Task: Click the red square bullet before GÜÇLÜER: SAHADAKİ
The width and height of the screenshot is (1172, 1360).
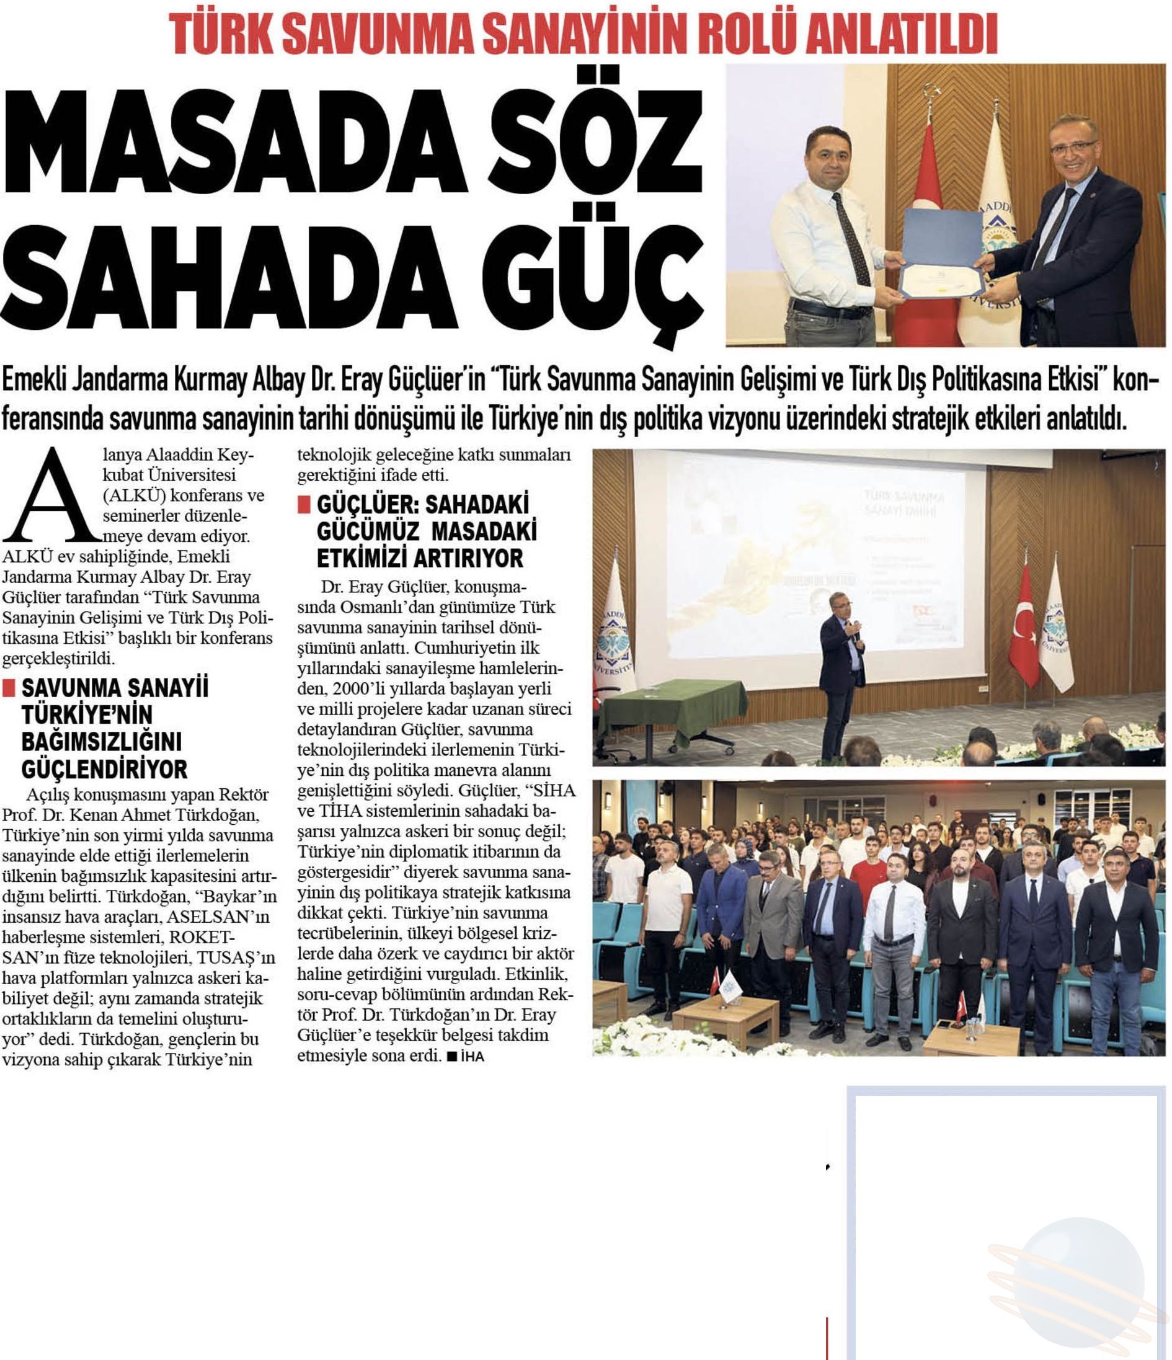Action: (303, 504)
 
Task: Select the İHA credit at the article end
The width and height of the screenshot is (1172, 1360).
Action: (471, 1057)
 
